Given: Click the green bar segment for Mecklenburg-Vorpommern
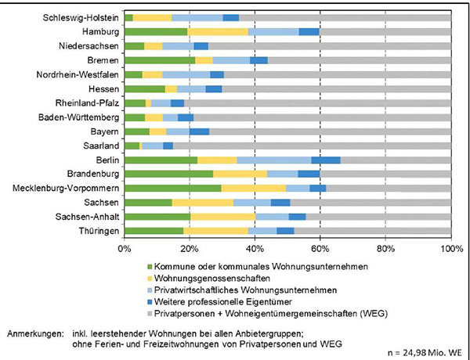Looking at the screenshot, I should coord(172,188).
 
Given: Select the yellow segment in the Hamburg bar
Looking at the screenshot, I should coord(218,31).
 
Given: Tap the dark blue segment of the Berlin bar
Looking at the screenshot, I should coord(326,160).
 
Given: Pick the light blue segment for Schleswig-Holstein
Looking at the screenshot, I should coord(197,17).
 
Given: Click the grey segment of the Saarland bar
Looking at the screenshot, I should coord(312,146).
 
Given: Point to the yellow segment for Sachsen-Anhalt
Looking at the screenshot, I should coord(222,217).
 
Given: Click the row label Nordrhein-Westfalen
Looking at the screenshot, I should coord(78,74).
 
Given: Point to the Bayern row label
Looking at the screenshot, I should coord(103,131).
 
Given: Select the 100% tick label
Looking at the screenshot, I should coord(451,249).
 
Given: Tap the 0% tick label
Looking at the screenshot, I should coord(124,249).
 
